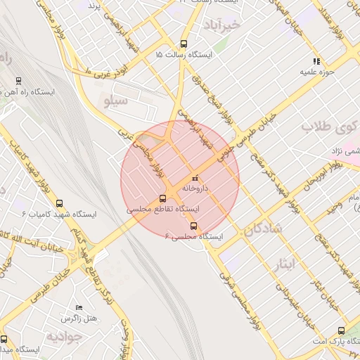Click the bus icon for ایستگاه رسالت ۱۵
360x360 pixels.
pyautogui.click(x=184, y=43)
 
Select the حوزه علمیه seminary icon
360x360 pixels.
pyautogui.click(x=316, y=61)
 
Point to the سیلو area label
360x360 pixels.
pyautogui.click(x=116, y=101)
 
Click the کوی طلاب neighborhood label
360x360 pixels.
pyautogui.click(x=326, y=127)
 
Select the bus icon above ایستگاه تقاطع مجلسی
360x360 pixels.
pyautogui.click(x=163, y=198)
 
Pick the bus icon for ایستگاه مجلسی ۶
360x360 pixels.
pyautogui.click(x=194, y=226)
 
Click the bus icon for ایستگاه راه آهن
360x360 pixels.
pyautogui.click(x=18, y=81)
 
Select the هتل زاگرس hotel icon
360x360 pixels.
pyautogui.click(x=79, y=308)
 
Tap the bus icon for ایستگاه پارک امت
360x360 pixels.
pyautogui.click(x=342, y=330)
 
